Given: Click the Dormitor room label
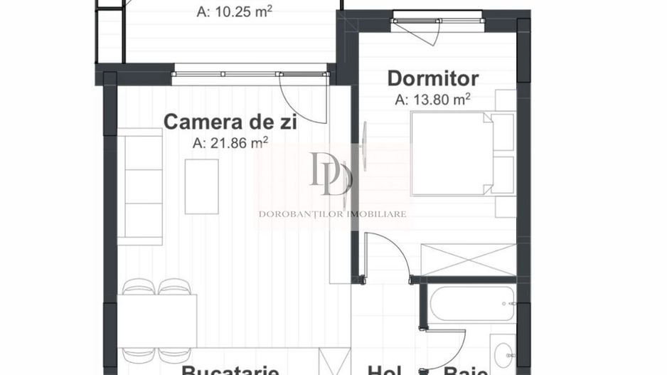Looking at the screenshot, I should (432, 78).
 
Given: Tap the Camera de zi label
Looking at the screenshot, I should (230, 121).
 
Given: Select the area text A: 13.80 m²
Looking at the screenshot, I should (433, 100).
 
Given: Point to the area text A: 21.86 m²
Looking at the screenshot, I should (230, 142).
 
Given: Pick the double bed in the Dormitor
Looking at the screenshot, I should (451, 153).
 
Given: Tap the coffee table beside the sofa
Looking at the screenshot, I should (201, 186).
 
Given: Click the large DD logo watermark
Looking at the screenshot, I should (331, 174).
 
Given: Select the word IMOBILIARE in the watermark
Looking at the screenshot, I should (377, 213).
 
